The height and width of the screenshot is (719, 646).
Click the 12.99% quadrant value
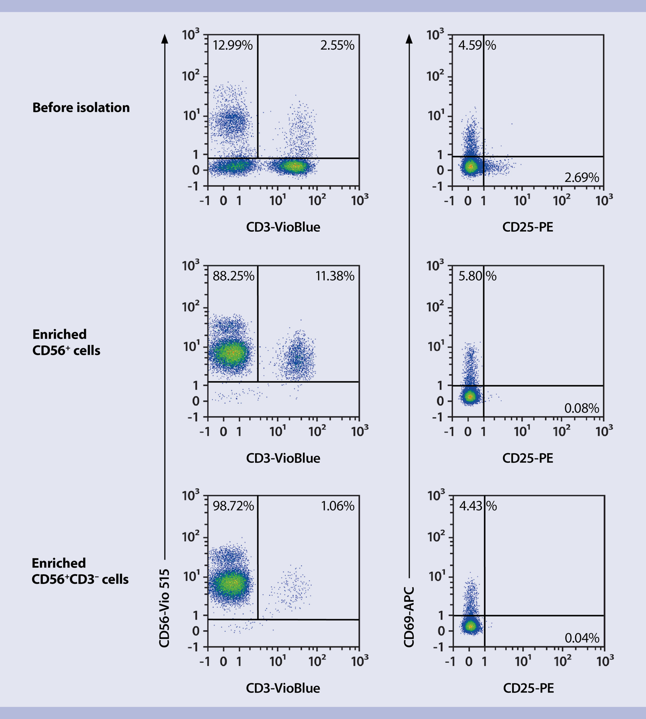[233, 46]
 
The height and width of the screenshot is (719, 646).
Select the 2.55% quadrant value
[337, 46]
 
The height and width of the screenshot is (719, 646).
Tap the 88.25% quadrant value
[233, 276]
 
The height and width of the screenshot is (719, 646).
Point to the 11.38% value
[335, 276]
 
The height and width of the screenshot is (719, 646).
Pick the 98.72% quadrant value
[233, 506]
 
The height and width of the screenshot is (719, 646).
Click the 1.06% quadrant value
[338, 506]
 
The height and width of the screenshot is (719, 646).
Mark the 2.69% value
[582, 178]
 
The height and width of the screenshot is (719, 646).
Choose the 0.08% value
[582, 408]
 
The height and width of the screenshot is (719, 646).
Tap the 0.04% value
[582, 638]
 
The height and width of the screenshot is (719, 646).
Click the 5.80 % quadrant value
[477, 276]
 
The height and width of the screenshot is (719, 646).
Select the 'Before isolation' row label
[81, 108]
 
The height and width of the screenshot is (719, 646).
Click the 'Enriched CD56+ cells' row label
[66, 342]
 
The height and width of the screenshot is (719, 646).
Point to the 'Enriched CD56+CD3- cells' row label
[80, 571]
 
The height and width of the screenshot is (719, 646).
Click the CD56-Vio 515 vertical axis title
[164, 608]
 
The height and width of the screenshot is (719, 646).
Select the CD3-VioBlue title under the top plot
[283, 227]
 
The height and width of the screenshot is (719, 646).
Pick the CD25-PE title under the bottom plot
[528, 688]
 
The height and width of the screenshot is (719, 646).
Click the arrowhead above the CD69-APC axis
[409, 39]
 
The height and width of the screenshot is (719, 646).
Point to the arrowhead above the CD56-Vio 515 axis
[164, 39]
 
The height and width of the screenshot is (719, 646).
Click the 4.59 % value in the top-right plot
[477, 46]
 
